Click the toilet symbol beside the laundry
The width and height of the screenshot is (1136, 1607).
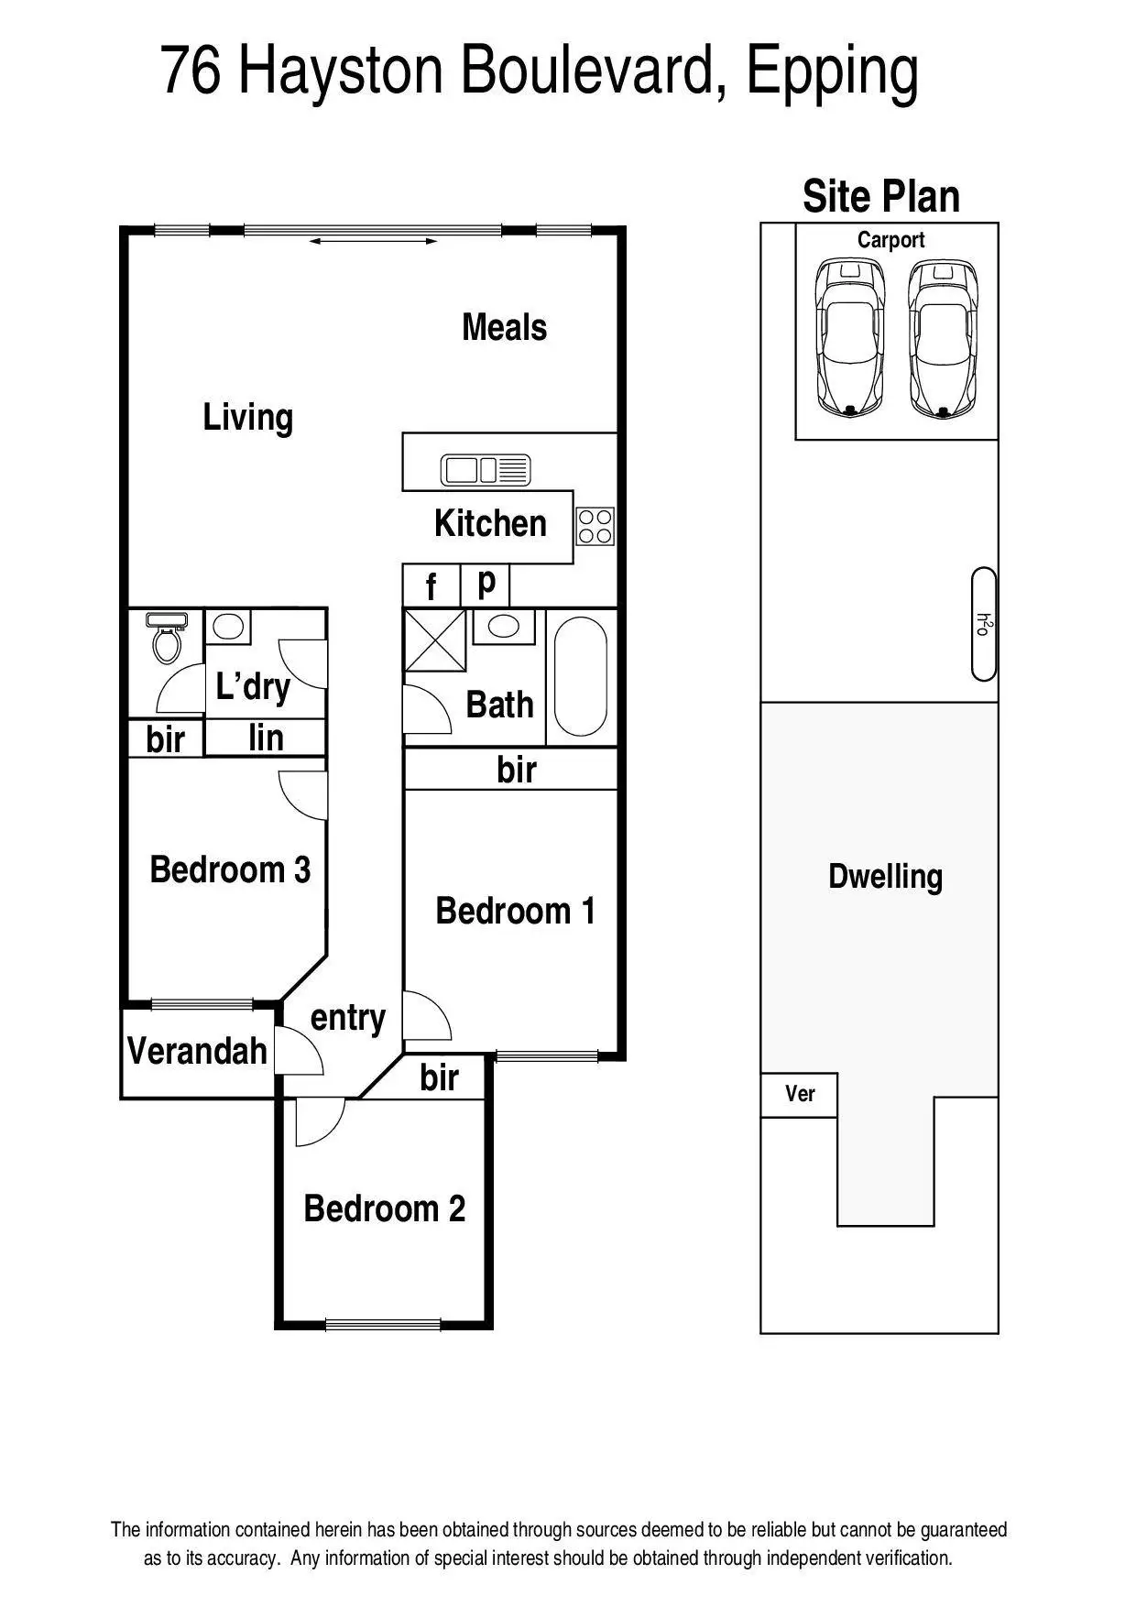click(x=166, y=638)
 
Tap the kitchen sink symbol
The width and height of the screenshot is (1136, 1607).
click(x=485, y=470)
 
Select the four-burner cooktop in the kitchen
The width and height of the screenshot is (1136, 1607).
click(x=595, y=527)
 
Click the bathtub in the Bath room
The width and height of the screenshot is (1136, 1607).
click(x=581, y=677)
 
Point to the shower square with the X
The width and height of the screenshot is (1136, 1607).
click(x=435, y=640)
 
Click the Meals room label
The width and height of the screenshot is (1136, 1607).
click(x=504, y=328)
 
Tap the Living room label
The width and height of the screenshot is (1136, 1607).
click(x=247, y=418)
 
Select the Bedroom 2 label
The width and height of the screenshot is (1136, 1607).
click(x=384, y=1208)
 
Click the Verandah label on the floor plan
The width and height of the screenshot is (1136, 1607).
click(x=197, y=1051)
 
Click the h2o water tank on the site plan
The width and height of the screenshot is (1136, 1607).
click(x=983, y=624)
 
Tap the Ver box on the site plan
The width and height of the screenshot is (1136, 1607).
click(x=799, y=1094)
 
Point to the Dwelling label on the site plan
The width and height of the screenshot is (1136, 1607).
click(x=885, y=877)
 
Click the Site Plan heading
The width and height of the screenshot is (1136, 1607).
click(x=880, y=197)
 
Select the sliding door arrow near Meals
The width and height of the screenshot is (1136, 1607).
click(x=373, y=241)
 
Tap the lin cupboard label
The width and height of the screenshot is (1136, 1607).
click(x=266, y=738)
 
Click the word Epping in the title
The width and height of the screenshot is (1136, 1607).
click(x=831, y=73)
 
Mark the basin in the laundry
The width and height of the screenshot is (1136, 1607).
click(x=227, y=627)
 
